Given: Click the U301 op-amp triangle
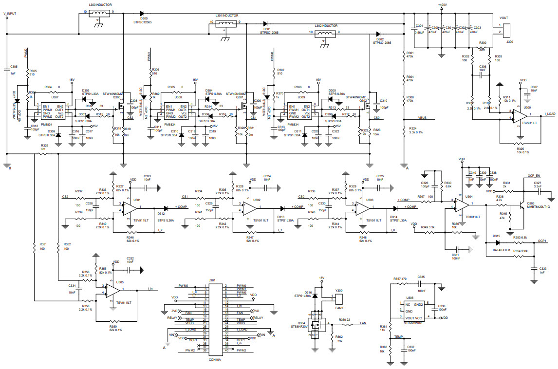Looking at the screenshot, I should tap(130, 209).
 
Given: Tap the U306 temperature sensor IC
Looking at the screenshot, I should tap(415, 310).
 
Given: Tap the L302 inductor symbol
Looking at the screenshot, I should tap(325, 34).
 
